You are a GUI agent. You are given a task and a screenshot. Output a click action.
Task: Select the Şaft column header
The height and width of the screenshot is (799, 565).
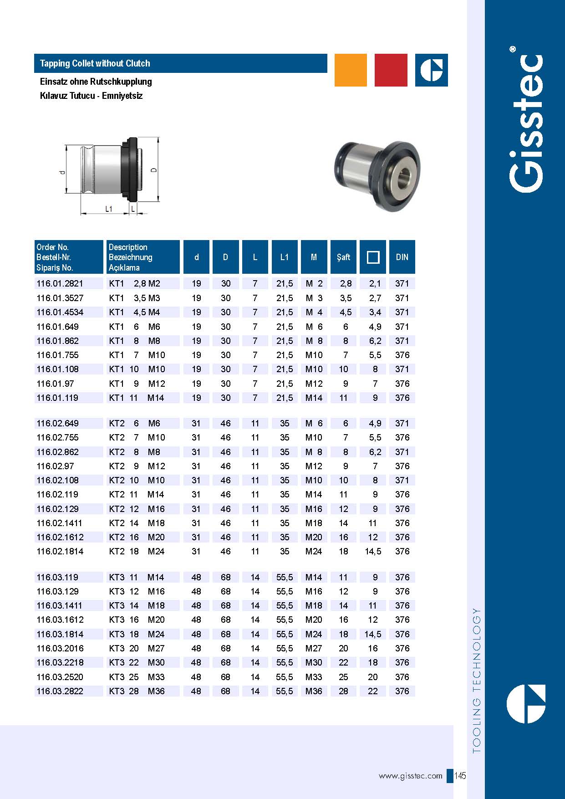[x=343, y=257]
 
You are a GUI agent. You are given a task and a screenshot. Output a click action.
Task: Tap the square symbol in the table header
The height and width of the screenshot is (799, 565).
[x=373, y=257]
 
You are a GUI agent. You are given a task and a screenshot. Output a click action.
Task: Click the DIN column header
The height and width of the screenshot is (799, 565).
[x=402, y=257]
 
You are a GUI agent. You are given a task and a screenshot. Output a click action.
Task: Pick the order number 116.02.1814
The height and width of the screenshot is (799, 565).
[x=60, y=551]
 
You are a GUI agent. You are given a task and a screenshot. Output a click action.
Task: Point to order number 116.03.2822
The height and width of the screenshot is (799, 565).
[x=60, y=691]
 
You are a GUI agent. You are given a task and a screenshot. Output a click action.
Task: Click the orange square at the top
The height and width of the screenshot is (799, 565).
[x=351, y=70]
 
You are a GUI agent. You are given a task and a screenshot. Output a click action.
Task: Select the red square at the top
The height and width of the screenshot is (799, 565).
[x=391, y=70]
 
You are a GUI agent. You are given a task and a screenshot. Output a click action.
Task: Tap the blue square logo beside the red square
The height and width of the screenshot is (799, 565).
[x=431, y=70]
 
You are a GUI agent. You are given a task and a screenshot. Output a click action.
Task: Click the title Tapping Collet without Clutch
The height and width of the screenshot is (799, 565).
[x=95, y=63]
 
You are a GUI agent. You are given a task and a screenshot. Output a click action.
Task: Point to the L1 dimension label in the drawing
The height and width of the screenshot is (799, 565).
[x=109, y=209]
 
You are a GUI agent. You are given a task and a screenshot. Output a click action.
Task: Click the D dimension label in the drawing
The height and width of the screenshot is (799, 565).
[x=154, y=169]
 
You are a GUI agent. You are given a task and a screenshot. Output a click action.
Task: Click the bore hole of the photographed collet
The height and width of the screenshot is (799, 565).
[x=403, y=177]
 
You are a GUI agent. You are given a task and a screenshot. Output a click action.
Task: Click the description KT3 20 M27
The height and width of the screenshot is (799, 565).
[x=137, y=648]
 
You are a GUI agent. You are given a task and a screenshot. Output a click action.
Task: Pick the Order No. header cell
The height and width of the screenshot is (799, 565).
[x=69, y=257]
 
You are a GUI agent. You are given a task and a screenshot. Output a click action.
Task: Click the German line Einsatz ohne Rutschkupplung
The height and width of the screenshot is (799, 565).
[x=96, y=82]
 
